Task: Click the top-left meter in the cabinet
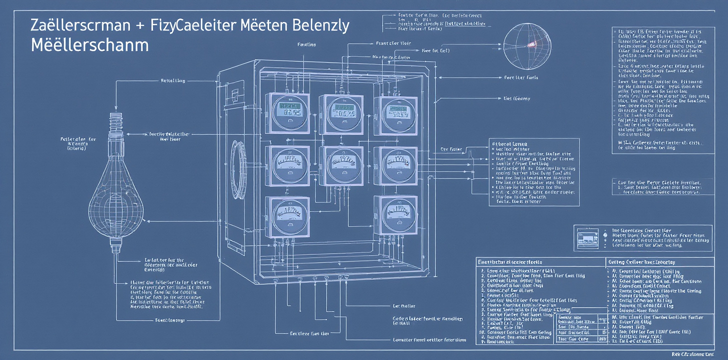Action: pyautogui.click(x=284, y=113)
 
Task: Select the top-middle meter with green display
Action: pyautogui.click(x=340, y=114)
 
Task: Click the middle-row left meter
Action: pyautogui.click(x=284, y=164)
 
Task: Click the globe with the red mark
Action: pyautogui.click(x=525, y=47)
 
